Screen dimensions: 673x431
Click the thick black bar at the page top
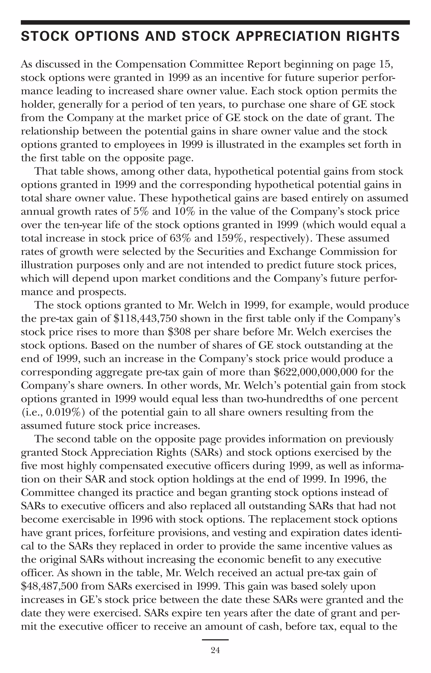click(x=215, y=22)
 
